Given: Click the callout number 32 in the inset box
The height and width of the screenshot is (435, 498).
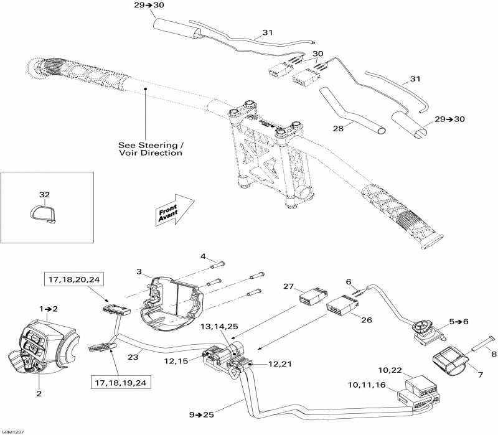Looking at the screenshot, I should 44,195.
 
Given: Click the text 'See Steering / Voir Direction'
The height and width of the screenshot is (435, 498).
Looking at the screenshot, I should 151,149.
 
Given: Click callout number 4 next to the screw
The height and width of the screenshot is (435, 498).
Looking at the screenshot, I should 203,256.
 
